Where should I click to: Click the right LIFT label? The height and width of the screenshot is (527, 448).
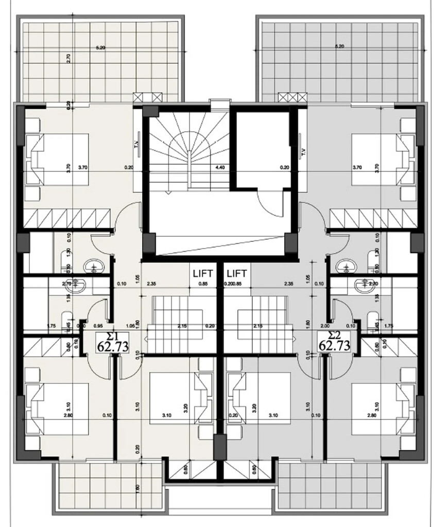(236, 273)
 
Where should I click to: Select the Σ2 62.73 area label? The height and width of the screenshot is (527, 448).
(335, 341)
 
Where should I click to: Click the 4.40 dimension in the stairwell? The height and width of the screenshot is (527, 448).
(220, 167)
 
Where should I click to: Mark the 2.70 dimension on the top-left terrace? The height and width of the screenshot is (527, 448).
(68, 58)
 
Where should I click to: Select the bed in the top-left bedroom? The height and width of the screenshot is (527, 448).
(57, 160)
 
